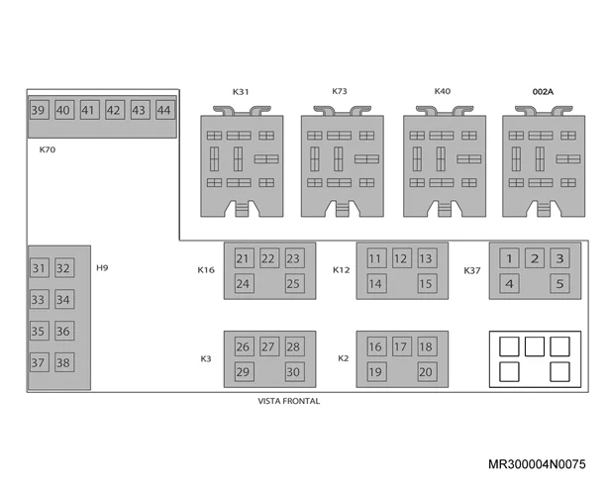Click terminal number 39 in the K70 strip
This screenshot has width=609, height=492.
[x=40, y=110]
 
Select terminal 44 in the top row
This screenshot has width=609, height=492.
[x=165, y=110]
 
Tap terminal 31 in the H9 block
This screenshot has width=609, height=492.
[x=40, y=268]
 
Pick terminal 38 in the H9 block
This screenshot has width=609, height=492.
[x=64, y=362]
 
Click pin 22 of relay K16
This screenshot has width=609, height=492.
[x=269, y=258]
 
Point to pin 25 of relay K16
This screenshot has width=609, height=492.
[x=295, y=283]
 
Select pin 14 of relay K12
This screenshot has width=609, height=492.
[x=376, y=283]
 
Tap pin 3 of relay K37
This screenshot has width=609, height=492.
[x=559, y=258]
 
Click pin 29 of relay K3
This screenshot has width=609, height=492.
[x=245, y=371]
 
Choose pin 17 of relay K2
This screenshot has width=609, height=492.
[x=402, y=346]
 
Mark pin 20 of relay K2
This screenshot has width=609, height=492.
[x=427, y=371]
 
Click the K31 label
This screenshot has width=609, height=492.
[x=241, y=92]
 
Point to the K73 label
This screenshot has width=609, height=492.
[x=340, y=91]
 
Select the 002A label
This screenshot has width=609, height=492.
[x=543, y=92]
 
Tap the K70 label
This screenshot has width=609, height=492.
[x=48, y=149]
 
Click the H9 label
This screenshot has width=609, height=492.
[x=102, y=268]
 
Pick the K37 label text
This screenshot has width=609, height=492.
[x=472, y=270]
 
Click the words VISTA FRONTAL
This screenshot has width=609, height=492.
[x=289, y=401]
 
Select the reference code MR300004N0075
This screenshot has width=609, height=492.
[x=537, y=464]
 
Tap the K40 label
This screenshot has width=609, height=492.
[x=443, y=91]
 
